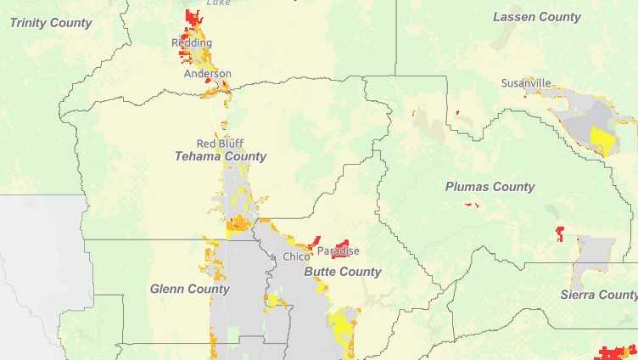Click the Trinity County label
click(50, 23)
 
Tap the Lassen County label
click(537, 17)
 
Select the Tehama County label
click(220, 156)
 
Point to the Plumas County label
click(490, 187)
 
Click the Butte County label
click(342, 272)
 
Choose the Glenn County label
click(189, 289)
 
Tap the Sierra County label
click(599, 295)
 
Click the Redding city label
click(192, 42)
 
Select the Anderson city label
click(207, 74)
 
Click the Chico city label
click(296, 256)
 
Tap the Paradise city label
click(339, 251)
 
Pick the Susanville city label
click(525, 83)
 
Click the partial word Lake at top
click(218, 3)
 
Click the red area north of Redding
click(193, 19)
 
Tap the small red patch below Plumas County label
click(472, 205)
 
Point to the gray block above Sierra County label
click(595, 255)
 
